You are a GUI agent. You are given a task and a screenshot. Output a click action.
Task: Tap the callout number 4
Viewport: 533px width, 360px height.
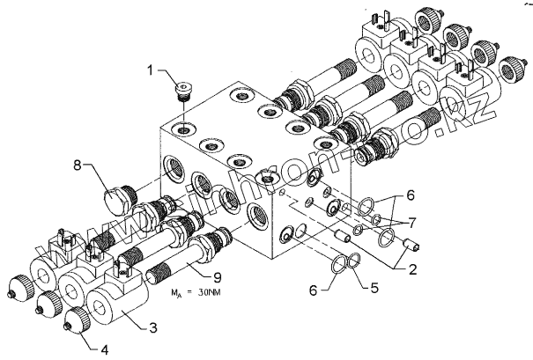105,349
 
